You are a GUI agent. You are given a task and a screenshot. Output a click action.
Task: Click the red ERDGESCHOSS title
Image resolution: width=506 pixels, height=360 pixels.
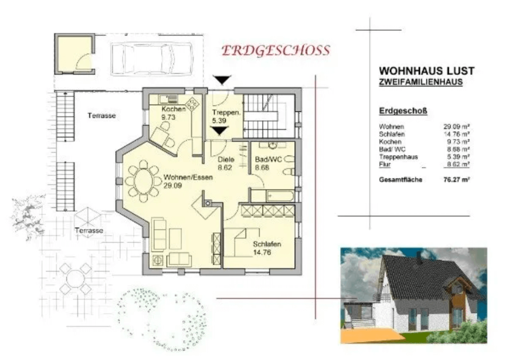[x=276, y=51]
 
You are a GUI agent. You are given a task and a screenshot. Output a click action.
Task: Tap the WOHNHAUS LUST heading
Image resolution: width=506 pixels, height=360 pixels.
[x=427, y=71]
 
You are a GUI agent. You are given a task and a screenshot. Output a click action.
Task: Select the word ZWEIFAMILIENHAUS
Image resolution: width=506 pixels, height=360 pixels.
[x=421, y=82]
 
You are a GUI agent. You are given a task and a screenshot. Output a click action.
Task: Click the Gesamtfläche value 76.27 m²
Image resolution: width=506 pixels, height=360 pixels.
[x=456, y=180]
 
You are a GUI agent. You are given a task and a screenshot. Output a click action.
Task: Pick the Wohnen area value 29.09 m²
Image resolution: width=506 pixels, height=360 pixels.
[x=456, y=127]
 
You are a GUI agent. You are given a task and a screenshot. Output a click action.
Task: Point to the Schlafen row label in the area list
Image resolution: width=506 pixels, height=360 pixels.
[x=392, y=134]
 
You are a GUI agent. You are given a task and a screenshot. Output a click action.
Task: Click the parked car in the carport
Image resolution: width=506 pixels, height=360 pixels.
[x=152, y=59]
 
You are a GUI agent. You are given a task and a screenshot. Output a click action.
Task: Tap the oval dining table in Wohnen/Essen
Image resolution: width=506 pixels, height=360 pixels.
[x=143, y=181]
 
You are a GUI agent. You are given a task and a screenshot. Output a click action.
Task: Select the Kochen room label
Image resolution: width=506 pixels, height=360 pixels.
[x=174, y=109]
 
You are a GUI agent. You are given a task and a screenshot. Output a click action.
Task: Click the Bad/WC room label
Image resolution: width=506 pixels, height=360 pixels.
[x=268, y=159]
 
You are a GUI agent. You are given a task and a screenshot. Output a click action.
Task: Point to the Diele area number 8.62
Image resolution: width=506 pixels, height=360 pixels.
[x=225, y=168]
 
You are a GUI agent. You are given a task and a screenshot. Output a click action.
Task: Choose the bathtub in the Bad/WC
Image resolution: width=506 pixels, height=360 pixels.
[x=280, y=196]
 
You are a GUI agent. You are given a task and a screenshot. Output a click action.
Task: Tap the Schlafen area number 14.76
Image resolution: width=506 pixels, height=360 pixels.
[x=262, y=253]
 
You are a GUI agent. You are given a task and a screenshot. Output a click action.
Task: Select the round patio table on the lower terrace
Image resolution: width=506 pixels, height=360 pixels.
[x=75, y=278]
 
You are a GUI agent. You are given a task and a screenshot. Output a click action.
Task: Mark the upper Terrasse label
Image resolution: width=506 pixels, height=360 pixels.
[x=101, y=115]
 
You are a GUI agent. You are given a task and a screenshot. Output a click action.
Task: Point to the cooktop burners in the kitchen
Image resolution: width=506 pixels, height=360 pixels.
[x=193, y=104]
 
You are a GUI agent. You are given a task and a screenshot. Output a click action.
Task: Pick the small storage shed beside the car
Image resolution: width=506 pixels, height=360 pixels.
[x=75, y=54]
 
